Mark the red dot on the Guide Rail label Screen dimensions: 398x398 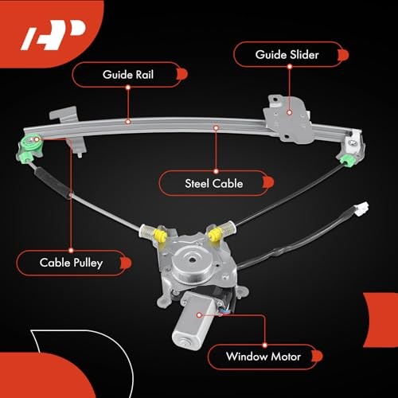coord(181,74)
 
